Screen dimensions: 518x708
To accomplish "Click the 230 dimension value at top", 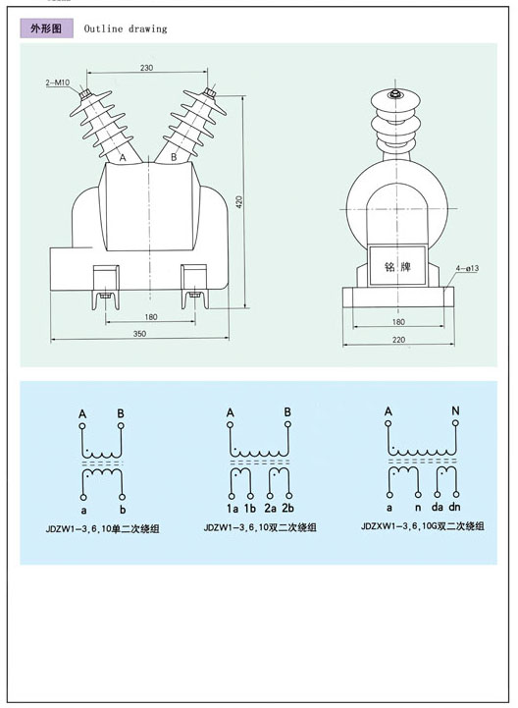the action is pyautogui.click(x=146, y=68).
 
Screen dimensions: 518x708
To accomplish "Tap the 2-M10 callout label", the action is pyautogui.click(x=58, y=82).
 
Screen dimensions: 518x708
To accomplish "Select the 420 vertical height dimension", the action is pyautogui.click(x=239, y=202).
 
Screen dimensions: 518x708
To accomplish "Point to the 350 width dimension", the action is pyautogui.click(x=140, y=334).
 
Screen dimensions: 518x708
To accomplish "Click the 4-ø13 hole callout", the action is pyautogui.click(x=467, y=268).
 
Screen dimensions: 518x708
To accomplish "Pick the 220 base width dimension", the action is pyautogui.click(x=399, y=340).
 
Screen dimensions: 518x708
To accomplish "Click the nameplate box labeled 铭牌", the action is pyautogui.click(x=397, y=266).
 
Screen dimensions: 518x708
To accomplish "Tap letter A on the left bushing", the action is pyautogui.click(x=123, y=157).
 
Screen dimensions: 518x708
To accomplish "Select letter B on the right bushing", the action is pyautogui.click(x=175, y=157).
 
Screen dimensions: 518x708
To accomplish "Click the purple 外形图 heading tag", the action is pyautogui.click(x=46, y=28).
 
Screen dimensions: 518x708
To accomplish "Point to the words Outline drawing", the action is pyautogui.click(x=126, y=28).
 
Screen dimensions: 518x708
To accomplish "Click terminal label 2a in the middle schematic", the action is pyautogui.click(x=270, y=508).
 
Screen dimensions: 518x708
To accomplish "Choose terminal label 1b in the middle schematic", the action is pyautogui.click(x=250, y=508).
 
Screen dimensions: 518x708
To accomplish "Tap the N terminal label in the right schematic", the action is pyautogui.click(x=455, y=410).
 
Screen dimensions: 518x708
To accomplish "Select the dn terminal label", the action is pyautogui.click(x=455, y=507).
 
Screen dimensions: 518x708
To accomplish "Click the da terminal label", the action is pyautogui.click(x=438, y=507).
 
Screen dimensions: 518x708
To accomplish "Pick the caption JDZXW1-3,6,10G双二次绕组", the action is pyautogui.click(x=423, y=526).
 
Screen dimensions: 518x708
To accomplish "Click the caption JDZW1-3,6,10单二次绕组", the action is pyautogui.click(x=102, y=528).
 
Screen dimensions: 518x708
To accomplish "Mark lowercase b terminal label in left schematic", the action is pyautogui.click(x=123, y=510).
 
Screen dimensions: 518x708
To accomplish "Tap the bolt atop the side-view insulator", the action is pyautogui.click(x=394, y=94).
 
